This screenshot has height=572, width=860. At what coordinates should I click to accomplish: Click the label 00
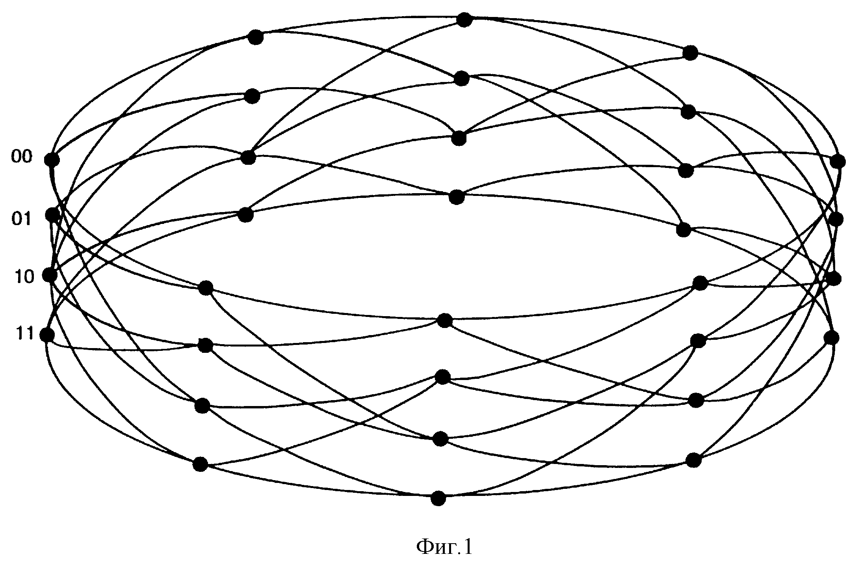pyautogui.click(x=21, y=157)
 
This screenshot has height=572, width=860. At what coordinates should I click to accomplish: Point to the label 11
pyautogui.click(x=25, y=335)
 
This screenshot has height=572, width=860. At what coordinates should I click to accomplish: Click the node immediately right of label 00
pyautogui.click(x=52, y=160)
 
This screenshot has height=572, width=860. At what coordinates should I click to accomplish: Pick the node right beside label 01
pyautogui.click(x=53, y=215)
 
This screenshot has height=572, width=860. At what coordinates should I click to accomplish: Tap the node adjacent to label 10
pyautogui.click(x=50, y=275)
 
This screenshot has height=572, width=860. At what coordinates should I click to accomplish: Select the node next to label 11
pyautogui.click(x=47, y=335)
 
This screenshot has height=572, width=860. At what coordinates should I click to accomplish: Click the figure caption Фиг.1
pyautogui.click(x=444, y=547)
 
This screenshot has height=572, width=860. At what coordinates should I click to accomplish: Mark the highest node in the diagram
pyautogui.click(x=464, y=19)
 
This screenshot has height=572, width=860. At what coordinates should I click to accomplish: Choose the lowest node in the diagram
pyautogui.click(x=438, y=498)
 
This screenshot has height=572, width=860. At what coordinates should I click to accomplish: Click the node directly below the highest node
pyautogui.click(x=462, y=79)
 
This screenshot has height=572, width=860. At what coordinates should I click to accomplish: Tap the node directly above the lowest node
pyautogui.click(x=440, y=438)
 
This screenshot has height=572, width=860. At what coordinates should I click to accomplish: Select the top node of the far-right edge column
pyautogui.click(x=838, y=161)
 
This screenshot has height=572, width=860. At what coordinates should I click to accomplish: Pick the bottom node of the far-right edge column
pyautogui.click(x=831, y=338)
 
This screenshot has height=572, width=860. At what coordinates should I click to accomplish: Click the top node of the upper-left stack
pyautogui.click(x=256, y=37)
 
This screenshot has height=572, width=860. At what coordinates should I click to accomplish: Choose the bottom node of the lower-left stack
pyautogui.click(x=200, y=464)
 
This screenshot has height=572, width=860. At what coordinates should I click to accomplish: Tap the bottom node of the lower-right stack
pyautogui.click(x=693, y=460)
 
